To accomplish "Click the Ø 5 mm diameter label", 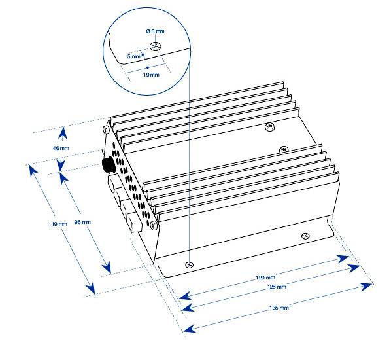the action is point(155,31).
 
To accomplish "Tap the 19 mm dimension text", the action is point(151,75).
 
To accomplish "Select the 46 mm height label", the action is point(61,148).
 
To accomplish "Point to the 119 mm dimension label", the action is point(58,224).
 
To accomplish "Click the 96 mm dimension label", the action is point(82,222).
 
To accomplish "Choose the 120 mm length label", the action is point(265,277).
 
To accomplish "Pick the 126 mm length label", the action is point(277,287).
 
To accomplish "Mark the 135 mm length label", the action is point(279,308).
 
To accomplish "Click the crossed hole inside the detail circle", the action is point(156,46).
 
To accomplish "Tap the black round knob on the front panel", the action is point(109,164).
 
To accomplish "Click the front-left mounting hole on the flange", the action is point(190,265).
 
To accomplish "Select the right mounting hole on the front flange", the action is point(305,236).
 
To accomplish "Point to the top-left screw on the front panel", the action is point(106,129).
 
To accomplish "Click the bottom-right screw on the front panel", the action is point(154,225).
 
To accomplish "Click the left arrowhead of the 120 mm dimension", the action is point(185,296).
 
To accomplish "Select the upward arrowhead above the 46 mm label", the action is point(63,133).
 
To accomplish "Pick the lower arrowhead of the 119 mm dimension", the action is point(91,288).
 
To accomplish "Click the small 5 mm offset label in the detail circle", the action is point(134,56).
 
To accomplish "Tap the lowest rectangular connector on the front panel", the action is point(134,222).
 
